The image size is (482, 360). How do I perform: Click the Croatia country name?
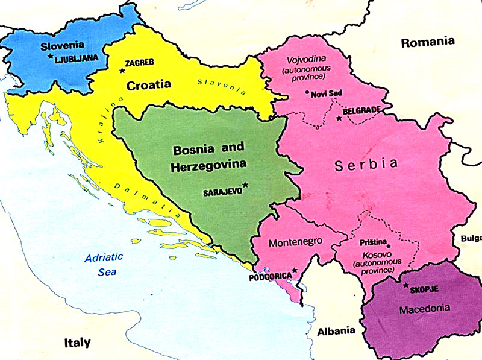click(x=148, y=85)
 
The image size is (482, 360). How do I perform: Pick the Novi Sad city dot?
click(x=307, y=93)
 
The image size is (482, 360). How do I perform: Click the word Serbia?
click(x=367, y=163)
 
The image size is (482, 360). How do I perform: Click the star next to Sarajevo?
click(x=245, y=185)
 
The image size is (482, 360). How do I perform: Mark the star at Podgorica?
click(x=294, y=270)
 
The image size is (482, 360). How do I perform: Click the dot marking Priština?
click(x=389, y=245)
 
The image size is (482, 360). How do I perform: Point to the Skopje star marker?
click(x=405, y=285)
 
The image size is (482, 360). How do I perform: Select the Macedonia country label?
click(x=424, y=308)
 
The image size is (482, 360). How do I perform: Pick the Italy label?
click(x=77, y=343)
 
